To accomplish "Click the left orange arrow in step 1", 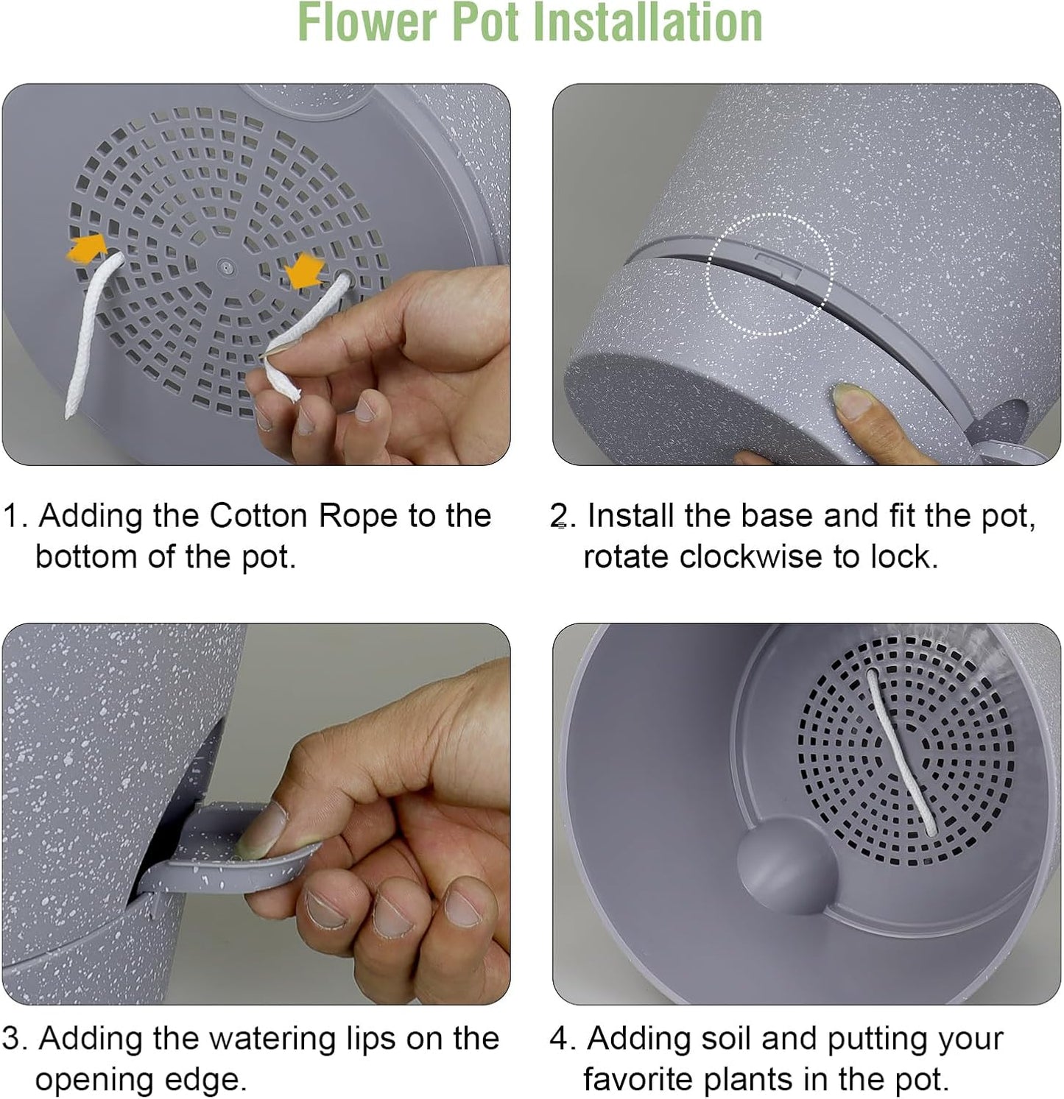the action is coord(85,248).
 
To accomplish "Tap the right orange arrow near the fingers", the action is coord(304,271).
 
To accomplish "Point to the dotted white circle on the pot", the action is coord(769,274).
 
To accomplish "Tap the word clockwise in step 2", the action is coord(750,557).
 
